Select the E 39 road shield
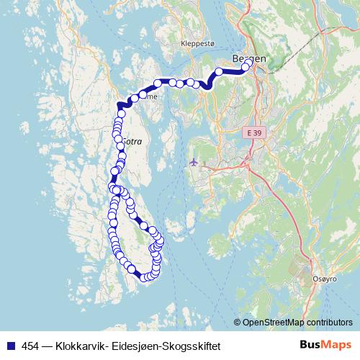point(253,134)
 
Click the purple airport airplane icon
point(193,161)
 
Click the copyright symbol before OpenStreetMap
point(238,323)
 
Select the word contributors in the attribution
point(328,323)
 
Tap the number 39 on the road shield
point(256,134)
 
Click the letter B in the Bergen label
point(235,58)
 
